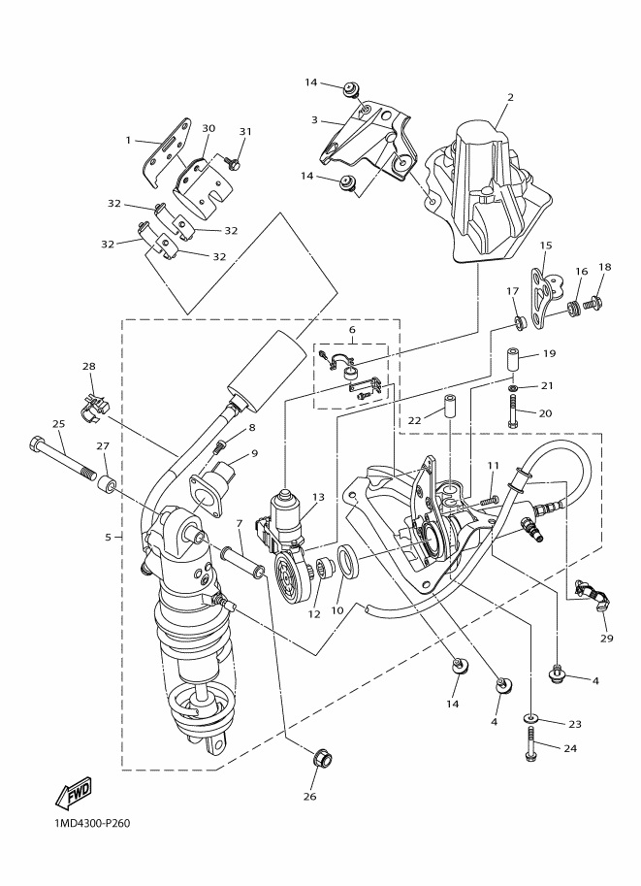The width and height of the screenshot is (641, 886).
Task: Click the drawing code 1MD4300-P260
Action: pyautogui.click(x=86, y=824)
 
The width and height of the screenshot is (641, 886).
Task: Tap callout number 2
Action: pyautogui.click(x=510, y=97)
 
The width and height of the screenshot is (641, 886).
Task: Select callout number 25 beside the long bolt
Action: pyautogui.click(x=58, y=424)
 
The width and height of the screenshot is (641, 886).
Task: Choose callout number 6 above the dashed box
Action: pyautogui.click(x=352, y=330)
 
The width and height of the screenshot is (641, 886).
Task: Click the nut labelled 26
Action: pyautogui.click(x=322, y=759)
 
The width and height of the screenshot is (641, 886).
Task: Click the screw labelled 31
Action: pyautogui.click(x=232, y=164)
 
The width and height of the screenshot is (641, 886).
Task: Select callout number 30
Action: pyautogui.click(x=208, y=128)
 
